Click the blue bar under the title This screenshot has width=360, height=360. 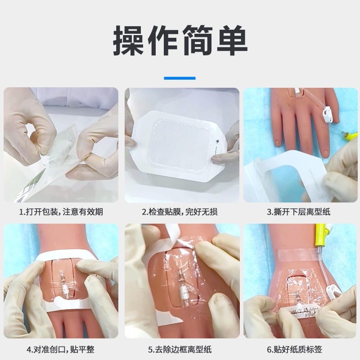[180, 78]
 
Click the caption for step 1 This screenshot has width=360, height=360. [61, 211]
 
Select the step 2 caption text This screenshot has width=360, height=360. [180, 211]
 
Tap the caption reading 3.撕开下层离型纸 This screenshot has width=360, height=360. [298, 211]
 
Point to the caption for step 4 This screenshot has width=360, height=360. [61, 350]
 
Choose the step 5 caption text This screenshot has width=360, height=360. [180, 350]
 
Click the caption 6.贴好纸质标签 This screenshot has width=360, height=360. [295, 350]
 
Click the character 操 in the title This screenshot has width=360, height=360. [128, 40]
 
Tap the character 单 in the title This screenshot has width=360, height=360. [232, 40]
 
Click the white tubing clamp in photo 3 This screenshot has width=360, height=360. [328, 115]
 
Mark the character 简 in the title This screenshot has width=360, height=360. [198, 40]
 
